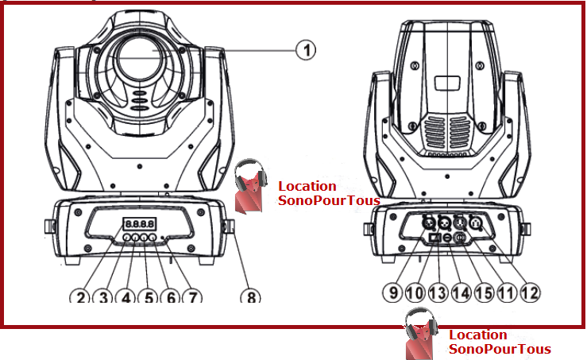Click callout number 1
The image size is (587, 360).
point(306,50)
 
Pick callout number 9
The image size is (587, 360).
point(393,292)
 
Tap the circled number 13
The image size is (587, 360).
point(438,292)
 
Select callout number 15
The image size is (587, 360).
point(484,292)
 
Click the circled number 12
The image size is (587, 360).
point(530,292)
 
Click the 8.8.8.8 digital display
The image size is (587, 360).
point(139,224)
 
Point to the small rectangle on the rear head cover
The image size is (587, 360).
point(447,83)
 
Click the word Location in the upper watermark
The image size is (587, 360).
point(307,186)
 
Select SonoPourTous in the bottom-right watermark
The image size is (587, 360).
point(500,349)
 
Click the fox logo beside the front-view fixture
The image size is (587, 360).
point(250,186)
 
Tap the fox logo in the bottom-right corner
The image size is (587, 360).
point(421,334)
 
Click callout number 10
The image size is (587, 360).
point(415,292)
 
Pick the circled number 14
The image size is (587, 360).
point(461,292)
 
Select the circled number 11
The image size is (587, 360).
point(507,292)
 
